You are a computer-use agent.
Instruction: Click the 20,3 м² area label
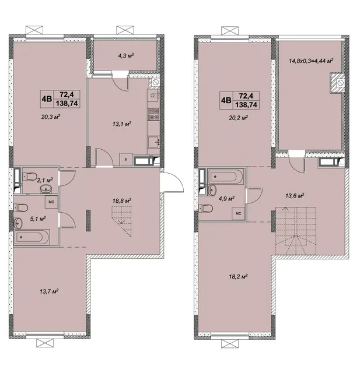[x=51, y=117]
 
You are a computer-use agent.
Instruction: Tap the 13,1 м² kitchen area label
[x=122, y=124]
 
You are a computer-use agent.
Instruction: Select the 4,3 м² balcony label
[x=126, y=56]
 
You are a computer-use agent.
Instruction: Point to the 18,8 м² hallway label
[x=122, y=200]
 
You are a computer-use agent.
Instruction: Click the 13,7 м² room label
[x=49, y=291]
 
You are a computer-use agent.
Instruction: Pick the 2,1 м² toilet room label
[x=45, y=180]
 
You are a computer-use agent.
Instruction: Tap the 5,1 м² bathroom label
[x=38, y=219]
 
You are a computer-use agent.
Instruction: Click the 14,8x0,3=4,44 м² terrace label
[x=311, y=61]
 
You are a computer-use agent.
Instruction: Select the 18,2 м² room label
[x=238, y=277]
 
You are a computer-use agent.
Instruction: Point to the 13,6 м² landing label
[x=295, y=196]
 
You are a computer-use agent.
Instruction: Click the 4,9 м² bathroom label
[x=226, y=198]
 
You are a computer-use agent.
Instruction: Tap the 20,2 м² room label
[x=239, y=118]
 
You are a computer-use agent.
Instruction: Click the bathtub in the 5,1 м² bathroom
[x=32, y=237]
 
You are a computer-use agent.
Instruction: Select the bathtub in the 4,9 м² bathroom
[x=226, y=177]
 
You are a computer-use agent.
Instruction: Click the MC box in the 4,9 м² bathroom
[x=238, y=213]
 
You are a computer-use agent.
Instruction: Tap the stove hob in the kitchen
[x=153, y=114]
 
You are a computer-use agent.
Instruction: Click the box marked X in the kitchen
[x=125, y=159]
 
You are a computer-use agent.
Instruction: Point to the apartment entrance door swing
[x=172, y=182]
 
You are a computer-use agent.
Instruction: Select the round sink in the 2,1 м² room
[x=46, y=189]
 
